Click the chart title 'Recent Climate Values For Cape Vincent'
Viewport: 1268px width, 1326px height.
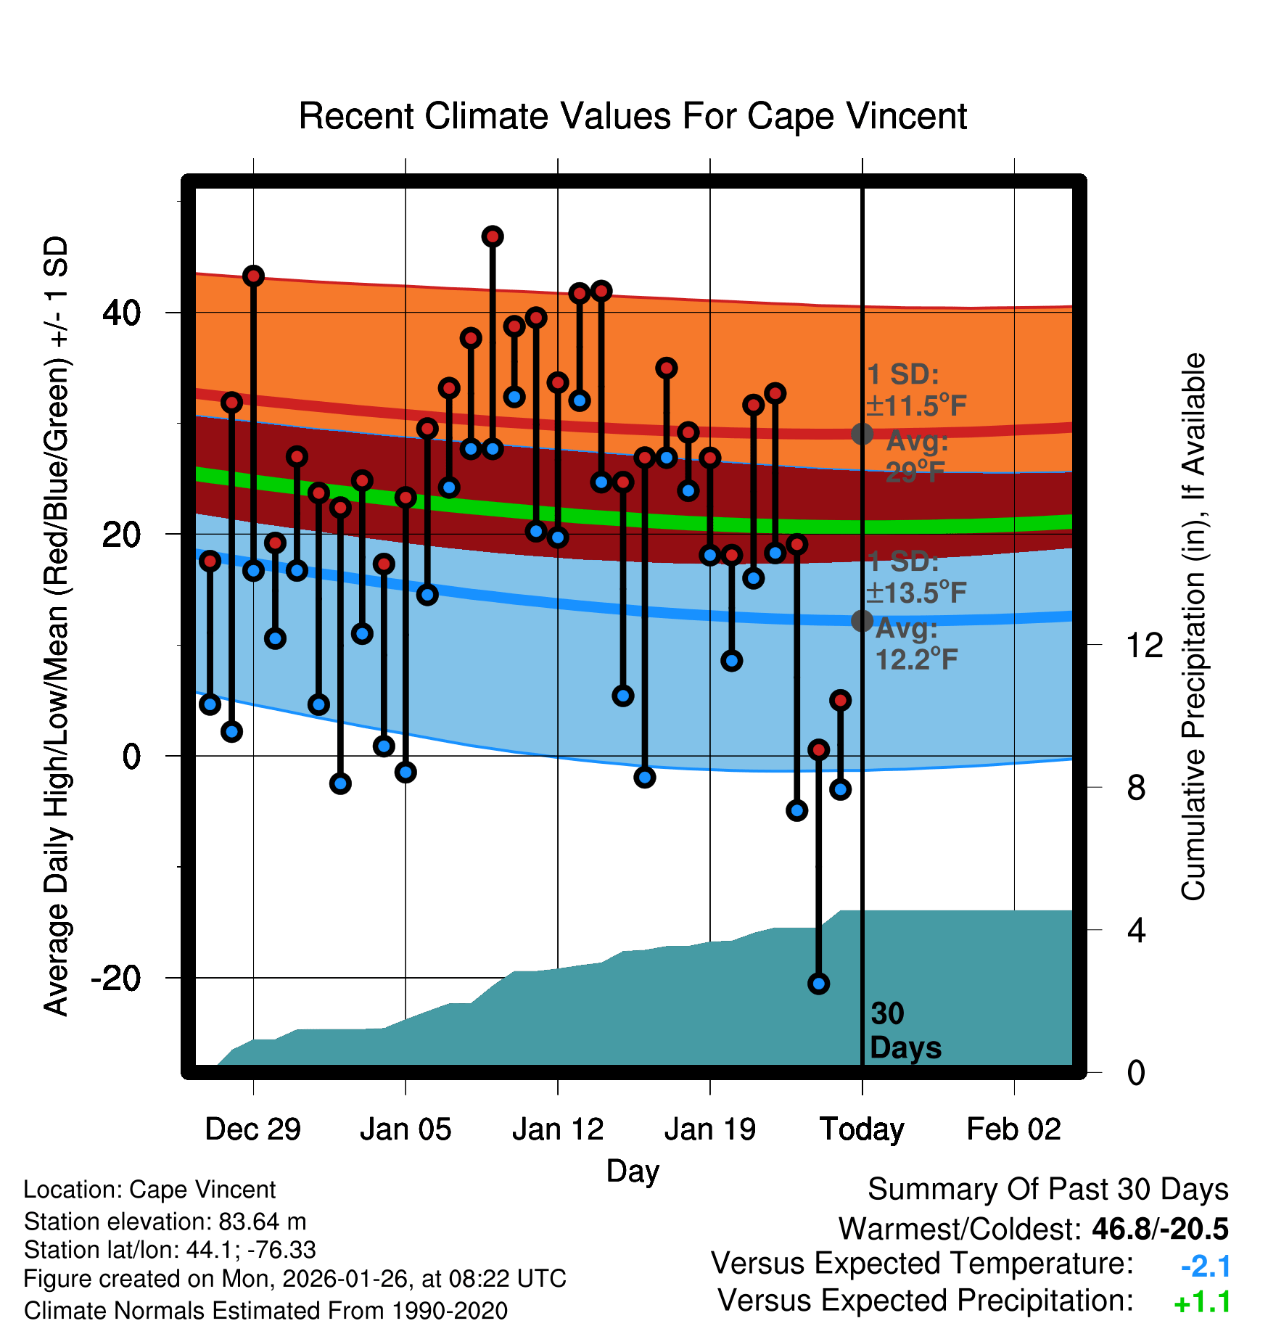[633, 116]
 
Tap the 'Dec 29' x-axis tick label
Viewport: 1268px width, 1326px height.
[252, 1129]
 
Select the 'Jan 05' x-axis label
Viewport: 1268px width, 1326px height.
[405, 1129]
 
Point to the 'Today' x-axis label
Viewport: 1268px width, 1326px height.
[862, 1129]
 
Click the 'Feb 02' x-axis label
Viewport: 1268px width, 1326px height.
[1013, 1129]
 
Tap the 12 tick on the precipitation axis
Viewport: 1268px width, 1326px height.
[1144, 645]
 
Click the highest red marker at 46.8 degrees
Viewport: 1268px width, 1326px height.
[493, 236]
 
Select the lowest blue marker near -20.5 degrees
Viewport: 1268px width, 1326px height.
[819, 984]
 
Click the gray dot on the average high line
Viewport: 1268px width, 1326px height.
[862, 434]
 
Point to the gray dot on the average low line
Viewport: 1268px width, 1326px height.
[862, 620]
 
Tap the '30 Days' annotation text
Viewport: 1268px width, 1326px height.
[905, 1031]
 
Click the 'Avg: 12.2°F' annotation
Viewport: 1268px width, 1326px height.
[915, 644]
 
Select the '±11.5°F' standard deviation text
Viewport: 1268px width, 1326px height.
[916, 405]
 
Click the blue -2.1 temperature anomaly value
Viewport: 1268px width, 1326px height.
[1206, 1267]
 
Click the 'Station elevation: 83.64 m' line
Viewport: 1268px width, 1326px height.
[165, 1222]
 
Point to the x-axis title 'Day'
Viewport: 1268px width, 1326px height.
[633, 1171]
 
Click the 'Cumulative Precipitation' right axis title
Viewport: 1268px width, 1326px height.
[1193, 627]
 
